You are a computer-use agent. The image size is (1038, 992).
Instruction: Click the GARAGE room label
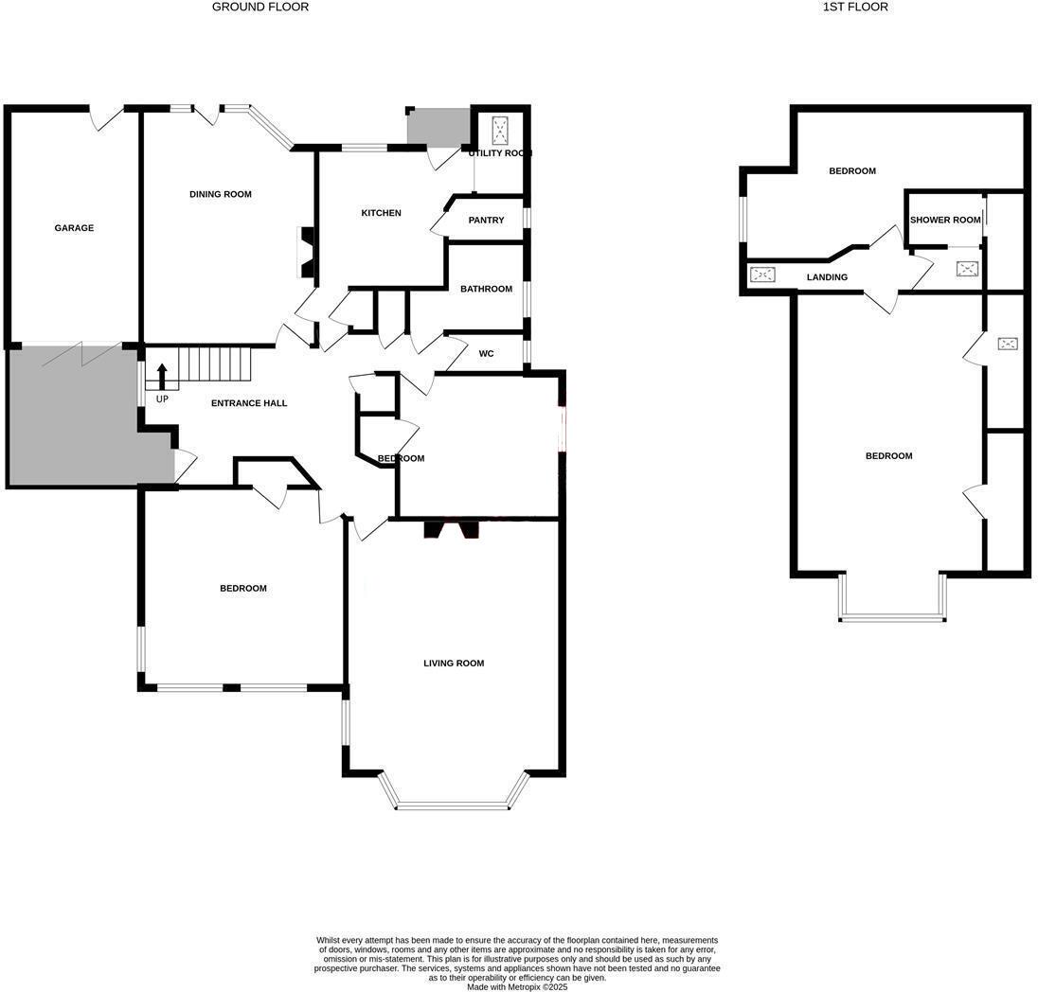[x=74, y=228]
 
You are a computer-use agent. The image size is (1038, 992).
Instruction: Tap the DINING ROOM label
[x=221, y=194]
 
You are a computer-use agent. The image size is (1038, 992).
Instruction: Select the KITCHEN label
[x=382, y=213]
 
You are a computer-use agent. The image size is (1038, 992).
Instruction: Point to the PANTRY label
[x=486, y=221]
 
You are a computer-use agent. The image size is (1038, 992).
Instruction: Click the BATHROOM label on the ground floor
[x=486, y=289]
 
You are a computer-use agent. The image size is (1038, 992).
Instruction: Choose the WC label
[x=486, y=354]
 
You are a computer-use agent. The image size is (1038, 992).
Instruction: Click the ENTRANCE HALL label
[x=249, y=403]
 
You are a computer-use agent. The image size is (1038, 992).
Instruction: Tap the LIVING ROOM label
[x=454, y=664]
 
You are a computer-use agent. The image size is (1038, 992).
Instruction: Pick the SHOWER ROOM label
[x=945, y=221]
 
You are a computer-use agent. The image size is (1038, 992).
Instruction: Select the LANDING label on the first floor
[x=827, y=277]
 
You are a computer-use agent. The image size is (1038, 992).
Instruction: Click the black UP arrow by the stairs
[x=162, y=376]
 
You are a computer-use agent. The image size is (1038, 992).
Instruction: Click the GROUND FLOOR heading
[x=260, y=7]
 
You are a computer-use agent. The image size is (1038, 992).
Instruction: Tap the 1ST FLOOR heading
[x=855, y=7]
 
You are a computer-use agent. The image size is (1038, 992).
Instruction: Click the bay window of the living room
[x=452, y=806]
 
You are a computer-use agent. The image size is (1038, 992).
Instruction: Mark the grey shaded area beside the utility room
[x=438, y=127]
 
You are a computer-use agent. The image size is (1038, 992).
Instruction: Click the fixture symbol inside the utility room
[x=500, y=130]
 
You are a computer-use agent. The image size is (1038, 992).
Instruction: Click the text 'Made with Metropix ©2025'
[x=517, y=986]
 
